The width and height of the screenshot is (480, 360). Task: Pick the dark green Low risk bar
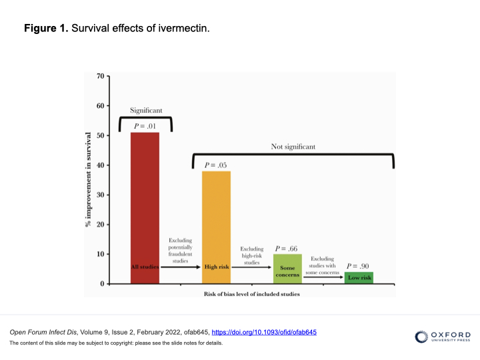[359, 277]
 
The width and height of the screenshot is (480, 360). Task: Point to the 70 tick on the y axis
[101, 76]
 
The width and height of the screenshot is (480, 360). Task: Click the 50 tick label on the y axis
[101, 135]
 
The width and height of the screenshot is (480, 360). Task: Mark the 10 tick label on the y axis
[101, 254]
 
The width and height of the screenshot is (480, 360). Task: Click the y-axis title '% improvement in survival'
[88, 180]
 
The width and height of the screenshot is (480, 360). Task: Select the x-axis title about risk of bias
[251, 293]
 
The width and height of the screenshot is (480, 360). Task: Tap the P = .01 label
[145, 125]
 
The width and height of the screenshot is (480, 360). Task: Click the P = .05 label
[216, 165]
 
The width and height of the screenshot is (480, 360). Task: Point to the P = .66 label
[287, 248]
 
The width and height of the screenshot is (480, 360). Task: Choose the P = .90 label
[358, 266]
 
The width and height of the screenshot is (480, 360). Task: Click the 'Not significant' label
[293, 146]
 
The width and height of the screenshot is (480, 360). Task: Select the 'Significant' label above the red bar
[146, 110]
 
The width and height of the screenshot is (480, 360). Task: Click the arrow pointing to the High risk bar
[180, 267]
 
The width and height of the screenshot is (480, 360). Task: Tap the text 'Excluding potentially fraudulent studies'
[180, 250]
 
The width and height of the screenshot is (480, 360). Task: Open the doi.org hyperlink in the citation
[264, 332]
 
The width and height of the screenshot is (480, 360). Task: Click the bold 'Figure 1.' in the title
[46, 29]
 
